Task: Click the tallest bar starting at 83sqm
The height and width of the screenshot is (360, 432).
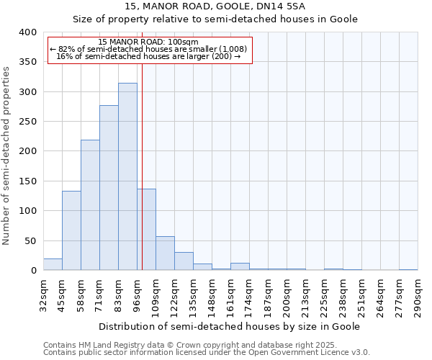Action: pos(127,176)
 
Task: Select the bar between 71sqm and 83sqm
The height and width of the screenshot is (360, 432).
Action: pos(109,188)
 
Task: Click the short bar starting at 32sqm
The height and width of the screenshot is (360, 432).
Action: pos(53,264)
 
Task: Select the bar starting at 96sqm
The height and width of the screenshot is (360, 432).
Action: pos(146,230)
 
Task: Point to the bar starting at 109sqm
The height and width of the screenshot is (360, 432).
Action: pos(165,253)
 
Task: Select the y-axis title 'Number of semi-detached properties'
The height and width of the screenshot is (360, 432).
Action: pos(7,155)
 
